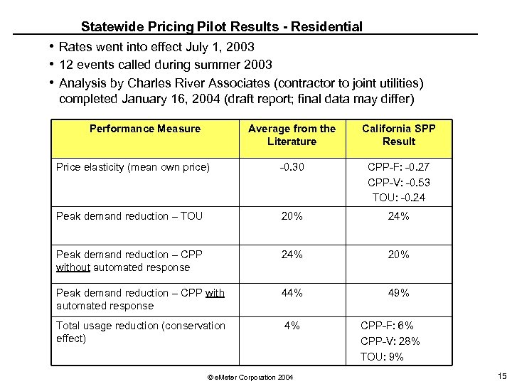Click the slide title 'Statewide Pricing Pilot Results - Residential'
point(221,27)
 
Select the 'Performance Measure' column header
point(145,129)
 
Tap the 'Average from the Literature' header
point(292,135)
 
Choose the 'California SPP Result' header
point(398,135)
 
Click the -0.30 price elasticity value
point(292,167)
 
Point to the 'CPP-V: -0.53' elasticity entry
point(398,183)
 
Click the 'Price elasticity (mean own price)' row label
point(133,167)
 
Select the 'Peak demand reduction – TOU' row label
point(129,216)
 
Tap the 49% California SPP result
point(398,293)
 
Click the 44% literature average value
point(292,293)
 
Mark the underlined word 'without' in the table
point(73,267)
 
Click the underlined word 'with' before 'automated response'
point(215,293)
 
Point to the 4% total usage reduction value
point(292,326)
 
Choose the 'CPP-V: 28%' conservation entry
point(390,341)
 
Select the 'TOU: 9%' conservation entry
point(382,357)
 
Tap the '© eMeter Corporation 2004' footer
point(248,376)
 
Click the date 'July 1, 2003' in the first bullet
point(219,48)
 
